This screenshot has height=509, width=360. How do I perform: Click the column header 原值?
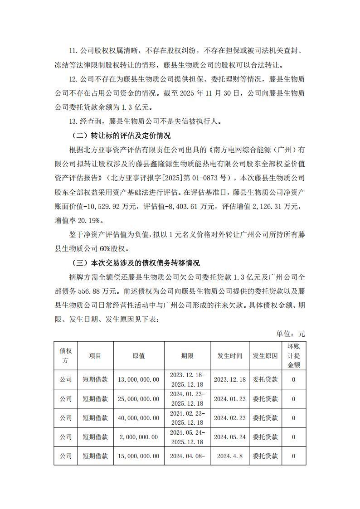click(x=139, y=356)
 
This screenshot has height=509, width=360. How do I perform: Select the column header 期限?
click(x=187, y=356)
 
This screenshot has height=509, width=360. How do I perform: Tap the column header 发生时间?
click(x=230, y=356)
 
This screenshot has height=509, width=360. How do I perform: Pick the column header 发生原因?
click(x=265, y=356)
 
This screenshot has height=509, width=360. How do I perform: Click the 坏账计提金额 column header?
click(x=293, y=356)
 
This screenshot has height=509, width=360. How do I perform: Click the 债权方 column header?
click(x=66, y=356)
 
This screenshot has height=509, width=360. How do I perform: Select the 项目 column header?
click(x=95, y=356)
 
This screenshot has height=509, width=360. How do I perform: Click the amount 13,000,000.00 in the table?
click(x=139, y=379)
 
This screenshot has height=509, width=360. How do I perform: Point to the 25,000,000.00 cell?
click(x=139, y=399)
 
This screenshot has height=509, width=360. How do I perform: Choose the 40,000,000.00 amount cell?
click(x=139, y=418)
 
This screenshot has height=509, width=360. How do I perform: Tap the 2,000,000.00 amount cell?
click(x=139, y=437)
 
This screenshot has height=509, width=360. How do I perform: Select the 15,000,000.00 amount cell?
click(x=139, y=456)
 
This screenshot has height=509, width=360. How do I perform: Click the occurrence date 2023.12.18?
click(x=230, y=379)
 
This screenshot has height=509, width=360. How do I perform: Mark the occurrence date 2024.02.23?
click(x=230, y=418)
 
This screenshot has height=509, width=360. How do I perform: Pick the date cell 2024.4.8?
click(x=230, y=456)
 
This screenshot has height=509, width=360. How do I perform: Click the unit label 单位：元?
click(x=291, y=334)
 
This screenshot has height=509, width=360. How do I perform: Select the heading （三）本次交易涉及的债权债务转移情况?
click(x=136, y=263)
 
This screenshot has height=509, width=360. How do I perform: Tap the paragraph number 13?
click(x=74, y=121)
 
